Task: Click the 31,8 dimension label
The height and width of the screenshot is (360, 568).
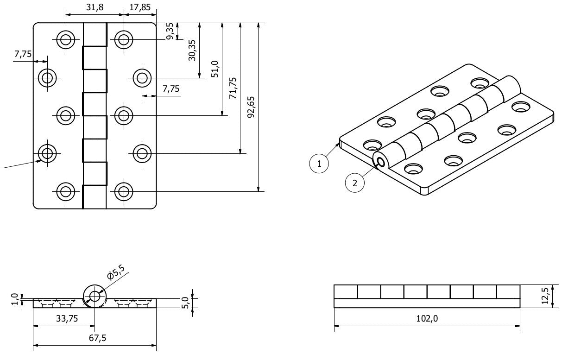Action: click(x=94, y=8)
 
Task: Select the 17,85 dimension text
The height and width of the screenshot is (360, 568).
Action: click(x=140, y=8)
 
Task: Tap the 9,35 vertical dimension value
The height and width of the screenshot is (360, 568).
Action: click(x=170, y=32)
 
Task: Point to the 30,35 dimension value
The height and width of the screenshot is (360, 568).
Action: click(x=192, y=50)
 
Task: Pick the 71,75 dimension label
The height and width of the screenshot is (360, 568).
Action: click(x=233, y=88)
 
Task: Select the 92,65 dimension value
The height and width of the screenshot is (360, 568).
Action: click(x=251, y=107)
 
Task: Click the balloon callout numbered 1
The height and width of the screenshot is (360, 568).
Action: click(x=319, y=164)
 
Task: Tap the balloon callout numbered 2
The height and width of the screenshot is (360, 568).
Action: click(x=355, y=183)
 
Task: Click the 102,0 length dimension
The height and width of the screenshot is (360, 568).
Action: click(x=427, y=318)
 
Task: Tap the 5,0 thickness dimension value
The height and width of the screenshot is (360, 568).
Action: click(x=186, y=303)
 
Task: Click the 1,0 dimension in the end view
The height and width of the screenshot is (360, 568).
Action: click(x=14, y=299)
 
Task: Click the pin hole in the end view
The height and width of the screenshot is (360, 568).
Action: click(x=95, y=296)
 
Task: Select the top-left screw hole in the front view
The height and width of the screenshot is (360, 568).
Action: click(x=66, y=39)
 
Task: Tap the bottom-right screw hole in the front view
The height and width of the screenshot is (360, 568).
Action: click(x=123, y=191)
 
